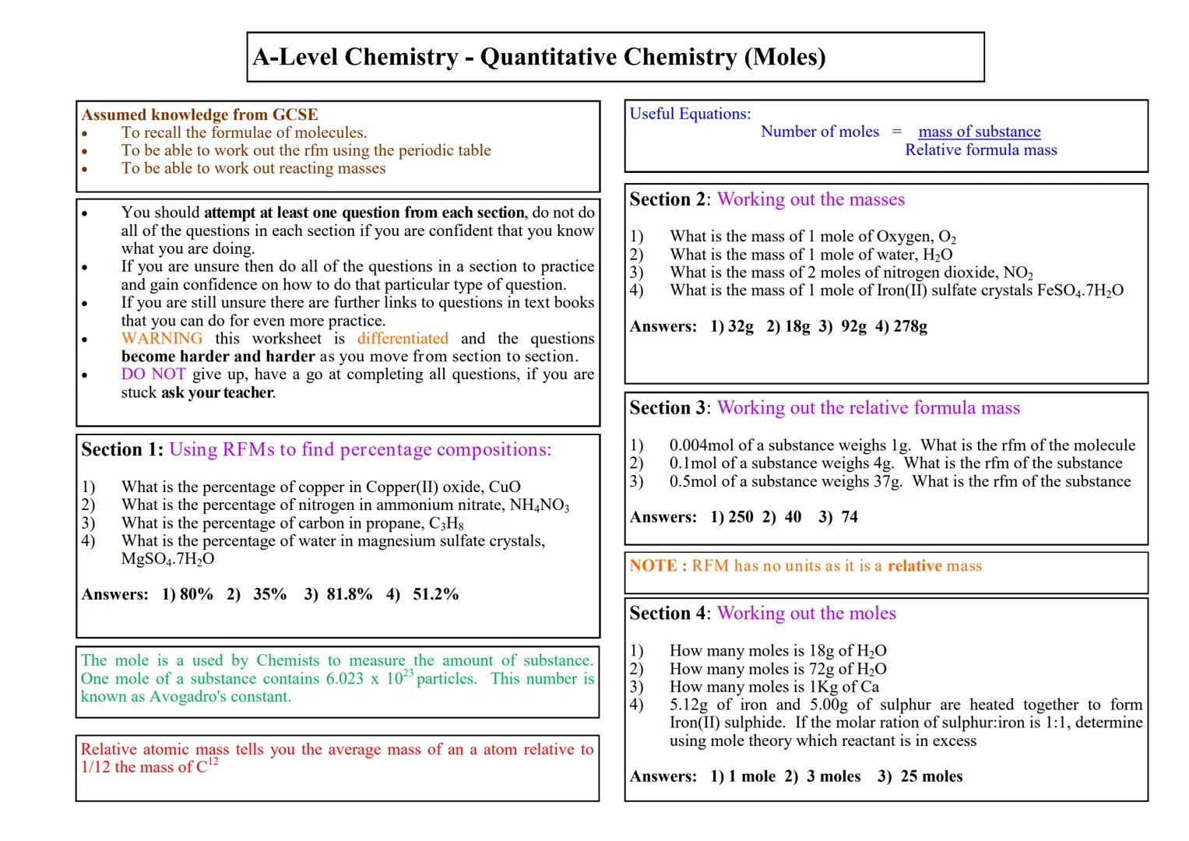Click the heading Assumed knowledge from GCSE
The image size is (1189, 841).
(x=199, y=114)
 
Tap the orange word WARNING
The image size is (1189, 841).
(x=161, y=339)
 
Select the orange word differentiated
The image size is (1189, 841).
(x=403, y=339)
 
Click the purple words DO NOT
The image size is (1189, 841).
(x=153, y=375)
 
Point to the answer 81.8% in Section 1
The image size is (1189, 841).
(x=350, y=594)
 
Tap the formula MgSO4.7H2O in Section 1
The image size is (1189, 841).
(x=167, y=559)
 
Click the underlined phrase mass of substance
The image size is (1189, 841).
(x=979, y=132)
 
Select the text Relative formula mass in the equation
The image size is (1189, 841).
(x=980, y=150)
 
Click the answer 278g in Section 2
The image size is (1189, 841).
(x=910, y=326)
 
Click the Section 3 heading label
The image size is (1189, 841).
(x=668, y=408)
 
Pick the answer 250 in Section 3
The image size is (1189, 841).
(x=740, y=517)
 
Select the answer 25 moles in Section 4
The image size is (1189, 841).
(x=931, y=776)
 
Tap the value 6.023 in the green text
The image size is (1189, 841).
(x=344, y=679)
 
